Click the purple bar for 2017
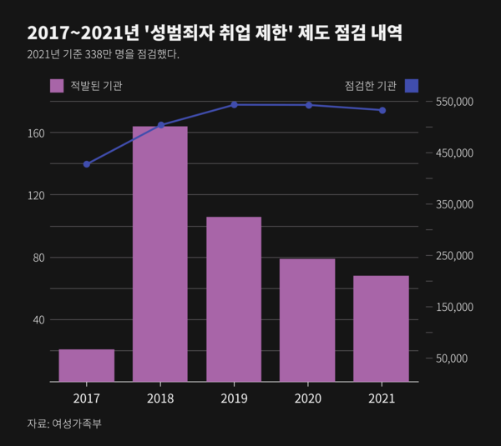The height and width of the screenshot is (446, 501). pos(86,365)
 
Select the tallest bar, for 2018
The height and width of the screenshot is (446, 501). pos(160,254)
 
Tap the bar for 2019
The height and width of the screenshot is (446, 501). pos(234,299)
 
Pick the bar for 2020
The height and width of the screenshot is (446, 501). pos(307,320)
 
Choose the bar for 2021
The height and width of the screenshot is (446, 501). pos(381,328)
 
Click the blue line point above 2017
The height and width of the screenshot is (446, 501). pos(86,164)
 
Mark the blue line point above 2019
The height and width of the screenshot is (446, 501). pos(234,105)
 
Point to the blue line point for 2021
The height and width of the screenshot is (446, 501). pos(382,110)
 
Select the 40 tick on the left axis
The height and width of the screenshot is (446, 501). pos(36,319)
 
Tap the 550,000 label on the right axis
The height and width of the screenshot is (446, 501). pos(455,102)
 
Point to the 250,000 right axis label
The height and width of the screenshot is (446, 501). pos(455,256)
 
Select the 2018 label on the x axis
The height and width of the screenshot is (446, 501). pos(160,398)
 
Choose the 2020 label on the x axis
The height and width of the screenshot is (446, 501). pos(307,398)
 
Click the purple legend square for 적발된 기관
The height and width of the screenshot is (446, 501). pos(57,85)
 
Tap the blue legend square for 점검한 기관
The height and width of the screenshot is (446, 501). pos(411,85)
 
